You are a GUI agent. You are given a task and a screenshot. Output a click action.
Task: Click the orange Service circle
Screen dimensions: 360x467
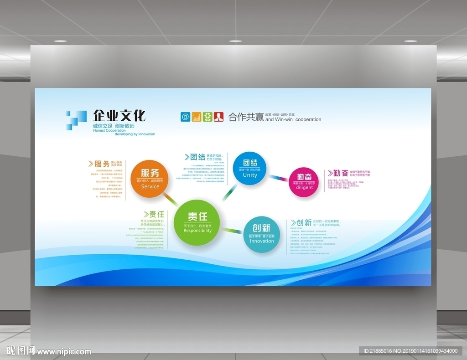[150, 178]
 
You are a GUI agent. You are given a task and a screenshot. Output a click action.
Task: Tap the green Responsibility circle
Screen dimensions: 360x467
[197, 223]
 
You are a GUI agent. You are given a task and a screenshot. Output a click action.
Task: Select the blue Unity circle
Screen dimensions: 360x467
[249, 168]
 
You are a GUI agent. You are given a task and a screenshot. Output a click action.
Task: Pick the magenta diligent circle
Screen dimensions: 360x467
[304, 182]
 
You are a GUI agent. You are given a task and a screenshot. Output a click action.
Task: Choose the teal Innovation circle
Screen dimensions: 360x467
[262, 234]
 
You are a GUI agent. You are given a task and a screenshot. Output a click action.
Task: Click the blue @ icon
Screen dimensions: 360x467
[185, 117]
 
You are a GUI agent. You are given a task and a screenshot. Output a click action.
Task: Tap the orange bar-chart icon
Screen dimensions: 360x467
[197, 117]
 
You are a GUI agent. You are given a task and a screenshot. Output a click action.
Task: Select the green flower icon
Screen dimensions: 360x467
[208, 117]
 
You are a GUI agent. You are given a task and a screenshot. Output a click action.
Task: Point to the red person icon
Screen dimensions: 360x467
[219, 117]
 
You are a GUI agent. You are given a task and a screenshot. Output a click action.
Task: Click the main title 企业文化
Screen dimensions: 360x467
[119, 116]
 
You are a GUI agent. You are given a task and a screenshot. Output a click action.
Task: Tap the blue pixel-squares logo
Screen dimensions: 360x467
[75, 120]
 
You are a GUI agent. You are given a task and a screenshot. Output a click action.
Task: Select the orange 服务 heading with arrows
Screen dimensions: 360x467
[99, 164]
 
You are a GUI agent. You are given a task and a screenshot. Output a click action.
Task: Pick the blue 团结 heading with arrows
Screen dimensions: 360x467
[195, 157]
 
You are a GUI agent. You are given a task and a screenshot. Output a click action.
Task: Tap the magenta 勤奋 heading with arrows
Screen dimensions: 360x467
[337, 173]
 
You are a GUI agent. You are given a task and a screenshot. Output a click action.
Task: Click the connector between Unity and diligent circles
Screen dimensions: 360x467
[277, 177]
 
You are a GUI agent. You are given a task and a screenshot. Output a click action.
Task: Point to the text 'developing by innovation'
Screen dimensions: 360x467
[135, 134]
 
